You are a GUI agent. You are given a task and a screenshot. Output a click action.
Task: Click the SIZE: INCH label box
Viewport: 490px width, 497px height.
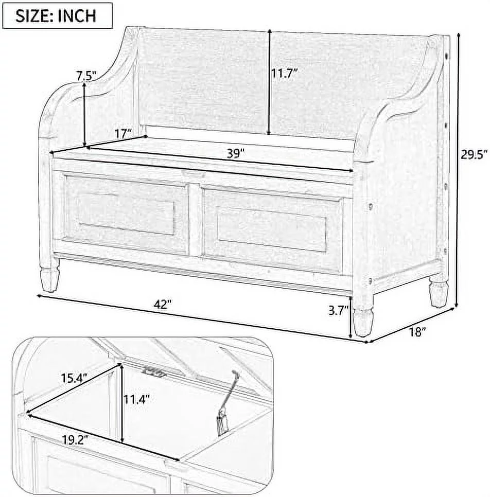click(x=57, y=15)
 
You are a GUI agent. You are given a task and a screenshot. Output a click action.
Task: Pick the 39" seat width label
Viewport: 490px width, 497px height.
click(x=234, y=153)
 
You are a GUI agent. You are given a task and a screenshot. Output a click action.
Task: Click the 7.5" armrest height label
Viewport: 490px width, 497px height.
click(x=86, y=76)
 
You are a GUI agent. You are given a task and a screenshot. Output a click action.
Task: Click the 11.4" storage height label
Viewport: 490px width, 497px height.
click(x=136, y=399)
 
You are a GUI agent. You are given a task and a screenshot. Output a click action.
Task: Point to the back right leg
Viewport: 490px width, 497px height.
click(x=438, y=291)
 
